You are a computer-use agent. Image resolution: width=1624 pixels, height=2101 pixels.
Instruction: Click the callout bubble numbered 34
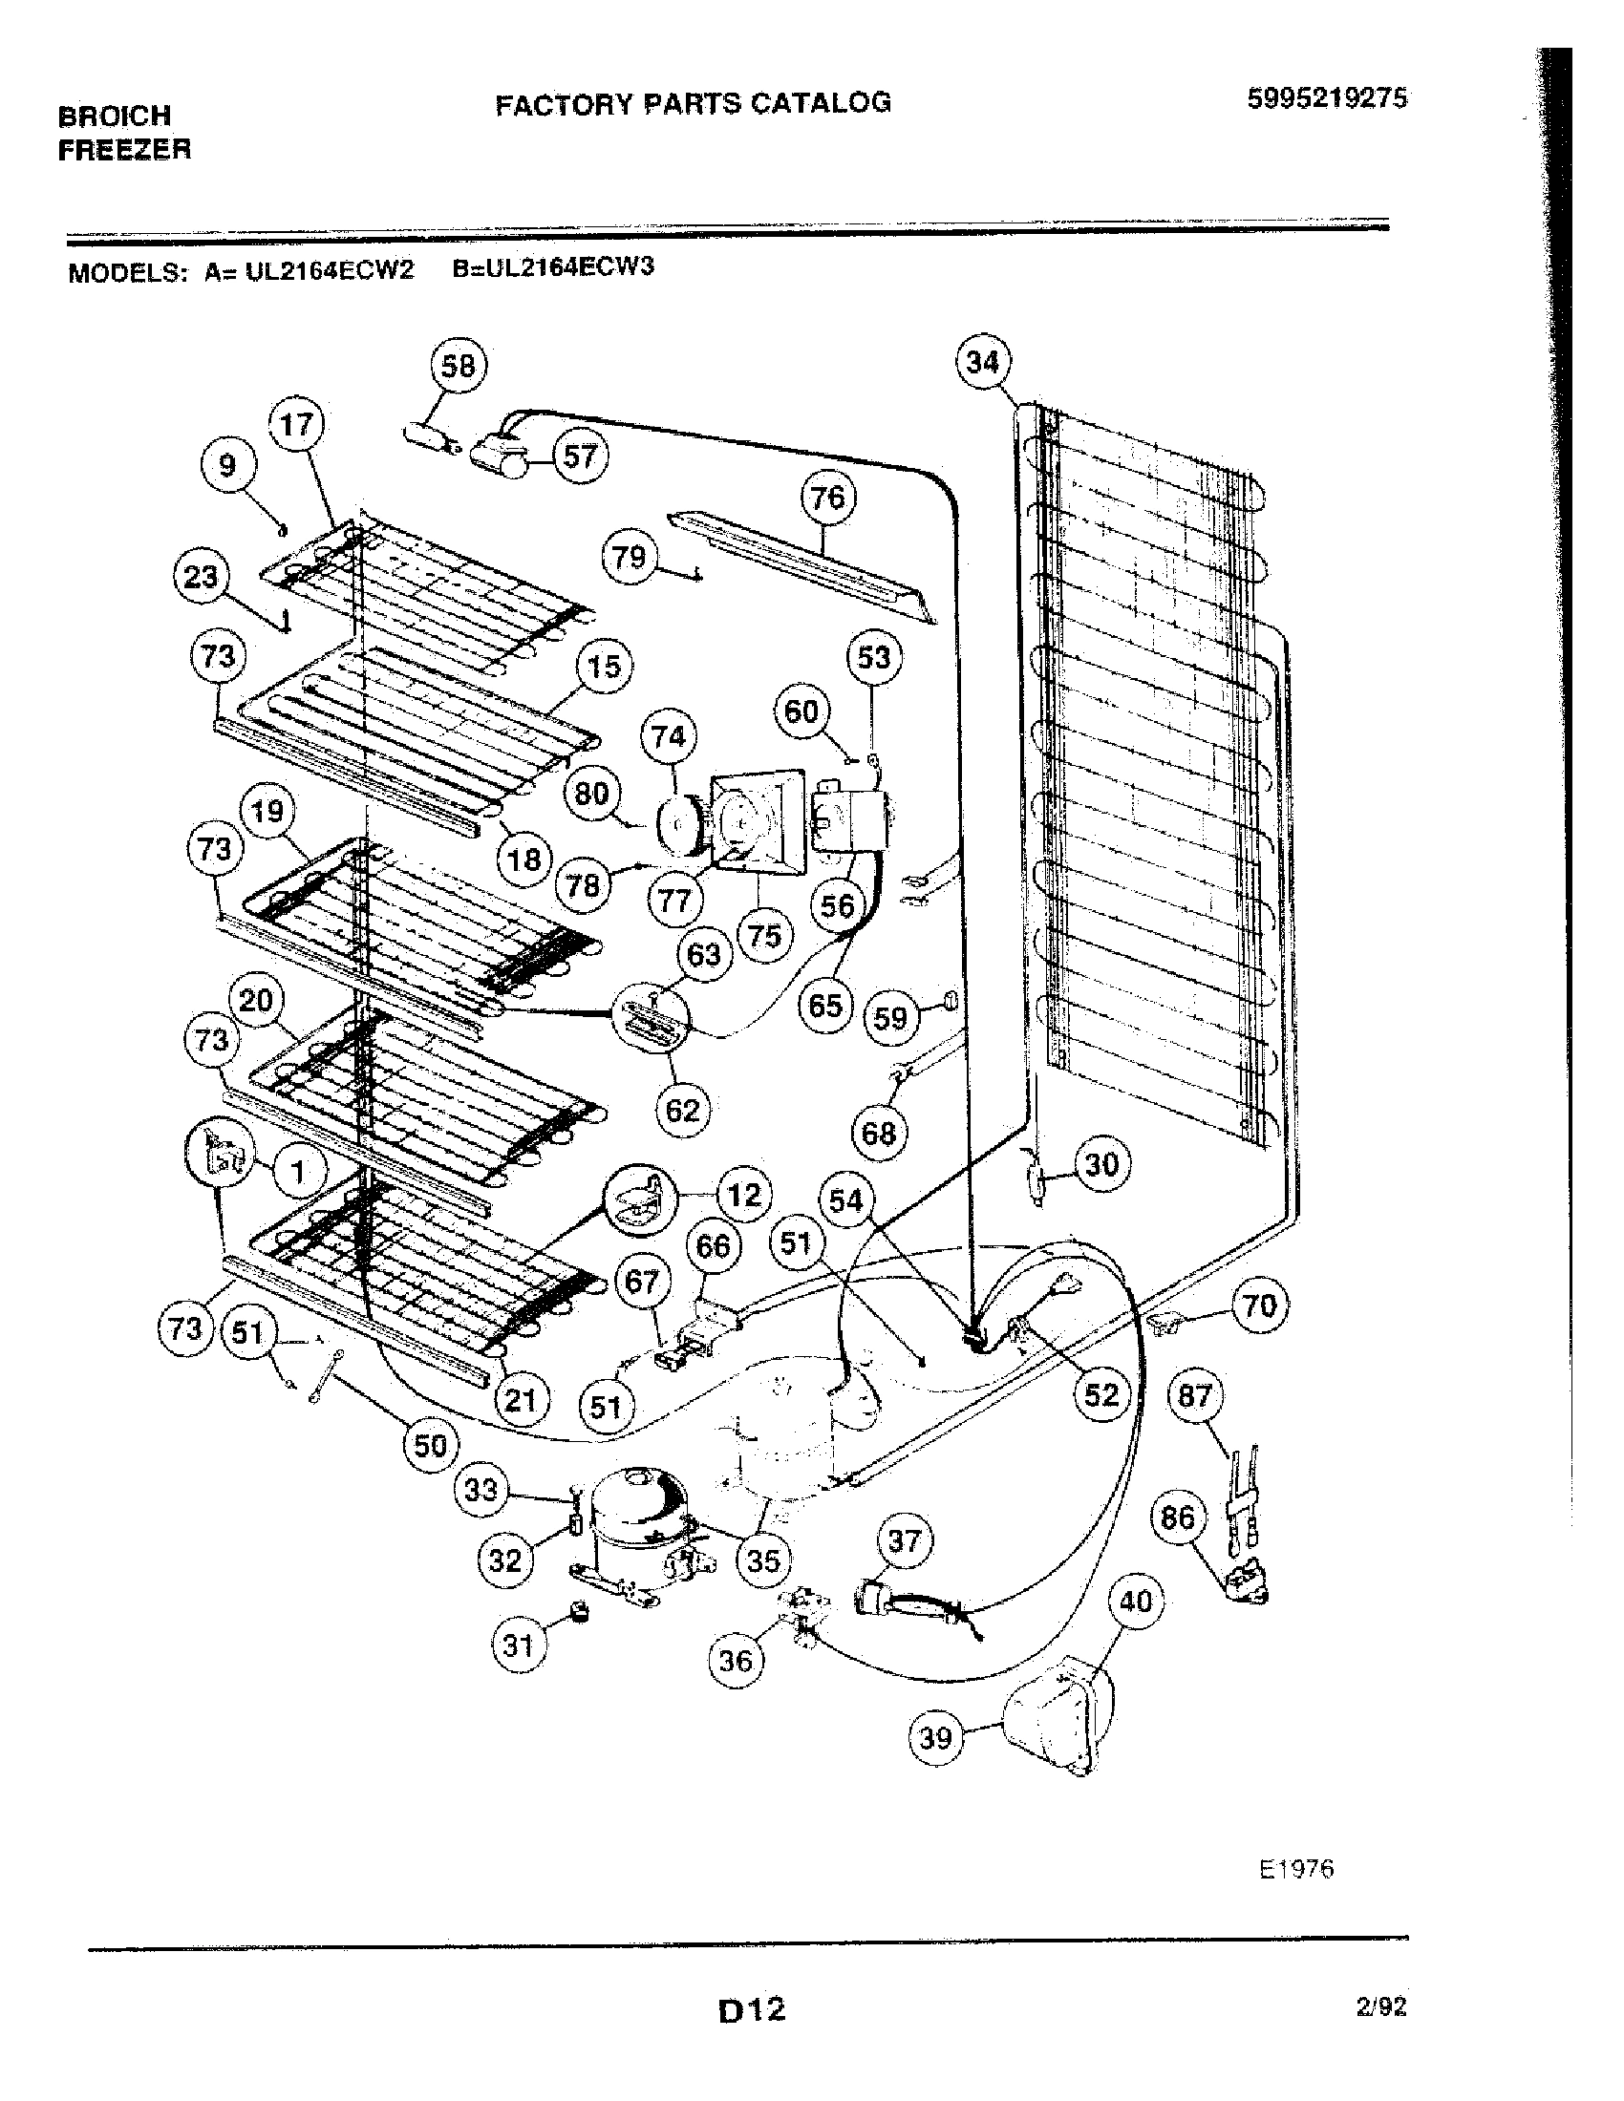pos(982,363)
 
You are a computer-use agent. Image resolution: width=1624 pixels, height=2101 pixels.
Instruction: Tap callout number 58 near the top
pos(458,367)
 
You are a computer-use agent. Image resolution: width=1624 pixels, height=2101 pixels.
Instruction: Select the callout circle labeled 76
pos(827,498)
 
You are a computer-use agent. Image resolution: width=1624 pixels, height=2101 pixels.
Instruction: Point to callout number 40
pos(1136,1601)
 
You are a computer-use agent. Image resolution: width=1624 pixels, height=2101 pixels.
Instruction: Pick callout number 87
pos(1194,1396)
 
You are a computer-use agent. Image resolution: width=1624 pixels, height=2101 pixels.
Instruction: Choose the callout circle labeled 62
pos(682,1110)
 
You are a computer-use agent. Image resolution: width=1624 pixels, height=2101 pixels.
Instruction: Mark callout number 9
pos(227,467)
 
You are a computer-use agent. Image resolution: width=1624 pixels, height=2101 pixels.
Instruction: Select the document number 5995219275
pos(1327,98)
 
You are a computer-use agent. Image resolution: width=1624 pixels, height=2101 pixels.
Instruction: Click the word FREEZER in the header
pos(124,150)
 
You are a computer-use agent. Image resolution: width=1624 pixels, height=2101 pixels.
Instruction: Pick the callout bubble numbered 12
pos(743,1196)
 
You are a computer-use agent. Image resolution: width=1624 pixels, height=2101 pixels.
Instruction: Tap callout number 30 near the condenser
pos(1101,1165)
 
